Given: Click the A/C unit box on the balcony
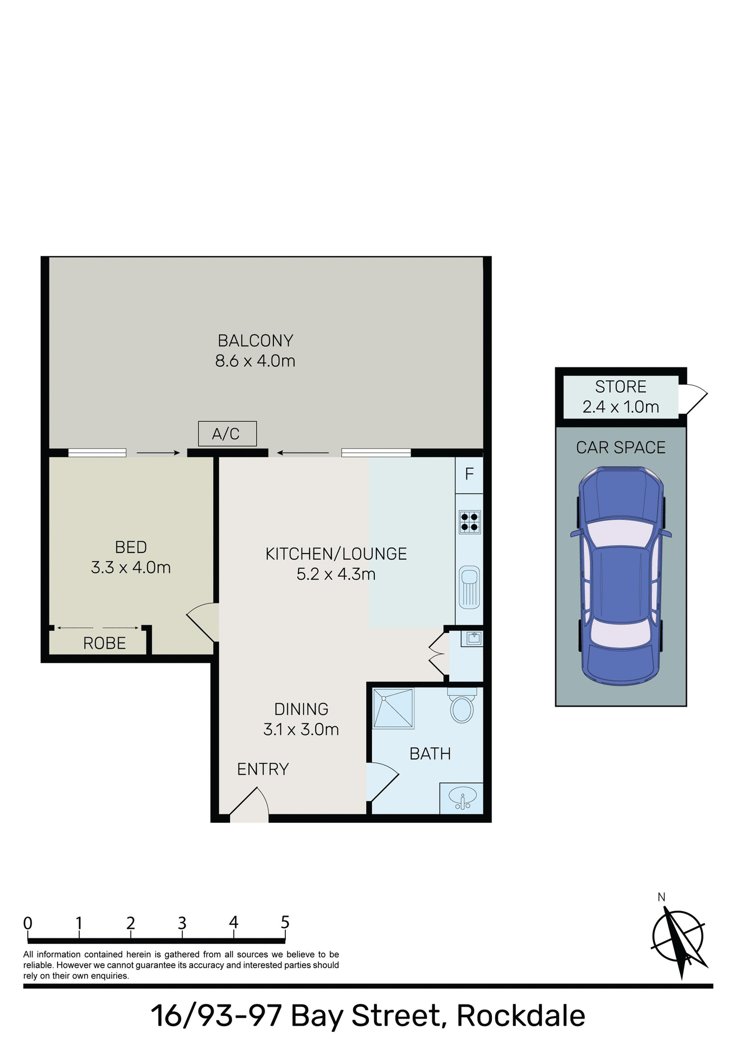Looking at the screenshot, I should coord(227,434).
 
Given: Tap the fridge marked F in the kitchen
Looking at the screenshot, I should coord(469,474).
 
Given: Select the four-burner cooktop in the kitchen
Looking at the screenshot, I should coord(470,522).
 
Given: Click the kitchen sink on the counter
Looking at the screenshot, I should coord(469,587).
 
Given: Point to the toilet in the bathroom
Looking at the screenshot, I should coord(462,707).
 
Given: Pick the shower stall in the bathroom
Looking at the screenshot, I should coord(393,708).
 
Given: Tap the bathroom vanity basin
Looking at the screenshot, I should coord(462,797).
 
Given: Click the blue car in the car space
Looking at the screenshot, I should coord(621,576).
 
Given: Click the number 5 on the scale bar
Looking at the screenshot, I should coord(285,922).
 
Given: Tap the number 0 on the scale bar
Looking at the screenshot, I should coord(28,923).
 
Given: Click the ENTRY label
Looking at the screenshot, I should coord(263,769).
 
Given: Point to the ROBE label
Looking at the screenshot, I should coord(105,643).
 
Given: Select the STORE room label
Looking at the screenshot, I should coord(620,386).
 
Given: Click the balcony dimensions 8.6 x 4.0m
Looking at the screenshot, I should coord(255,361).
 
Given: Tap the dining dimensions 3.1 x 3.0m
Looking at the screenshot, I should coord(301,729).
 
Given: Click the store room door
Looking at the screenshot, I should coord(694,399).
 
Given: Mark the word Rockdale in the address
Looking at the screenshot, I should coord(521,1016).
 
